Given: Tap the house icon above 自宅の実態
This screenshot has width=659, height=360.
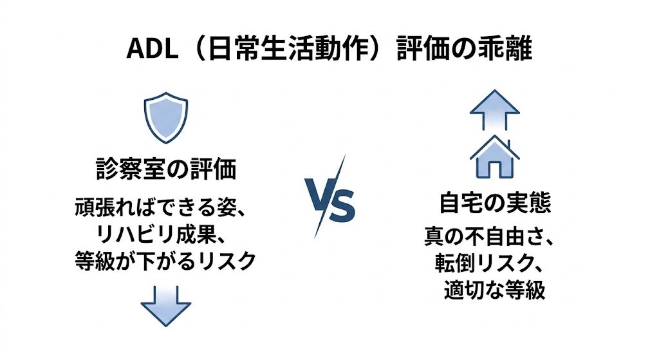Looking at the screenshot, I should click(494, 158).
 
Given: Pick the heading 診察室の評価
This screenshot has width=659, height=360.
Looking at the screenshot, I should click(165, 171).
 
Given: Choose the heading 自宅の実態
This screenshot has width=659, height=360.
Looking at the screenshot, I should click(494, 204).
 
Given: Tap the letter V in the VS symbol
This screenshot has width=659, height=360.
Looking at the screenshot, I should click(319, 205).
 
